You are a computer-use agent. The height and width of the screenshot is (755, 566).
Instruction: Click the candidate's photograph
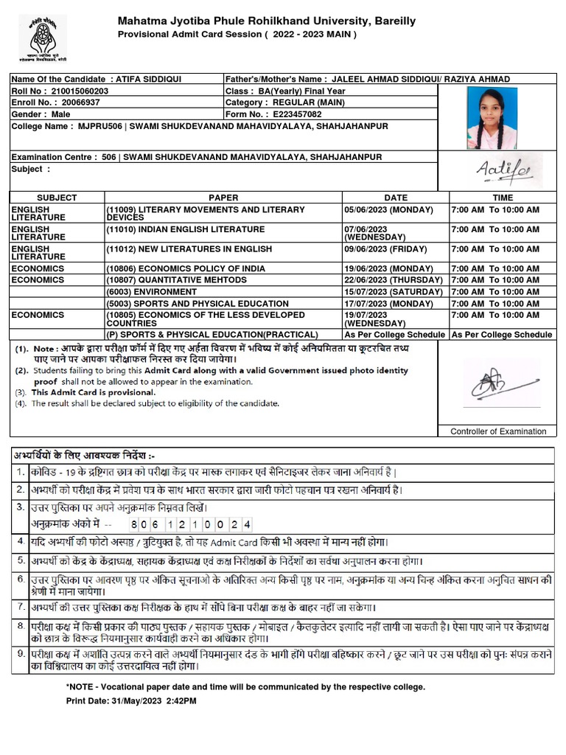[x=492, y=117]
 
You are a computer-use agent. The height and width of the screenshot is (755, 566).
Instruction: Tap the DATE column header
[x=395, y=198]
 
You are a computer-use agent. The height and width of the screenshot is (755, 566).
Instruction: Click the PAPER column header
[x=223, y=198]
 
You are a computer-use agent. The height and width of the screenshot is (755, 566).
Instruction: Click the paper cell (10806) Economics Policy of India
[x=186, y=269]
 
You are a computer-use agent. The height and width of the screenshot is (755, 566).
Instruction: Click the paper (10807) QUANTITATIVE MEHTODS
[x=176, y=280]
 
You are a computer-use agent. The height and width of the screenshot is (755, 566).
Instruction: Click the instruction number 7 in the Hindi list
[x=21, y=608]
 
